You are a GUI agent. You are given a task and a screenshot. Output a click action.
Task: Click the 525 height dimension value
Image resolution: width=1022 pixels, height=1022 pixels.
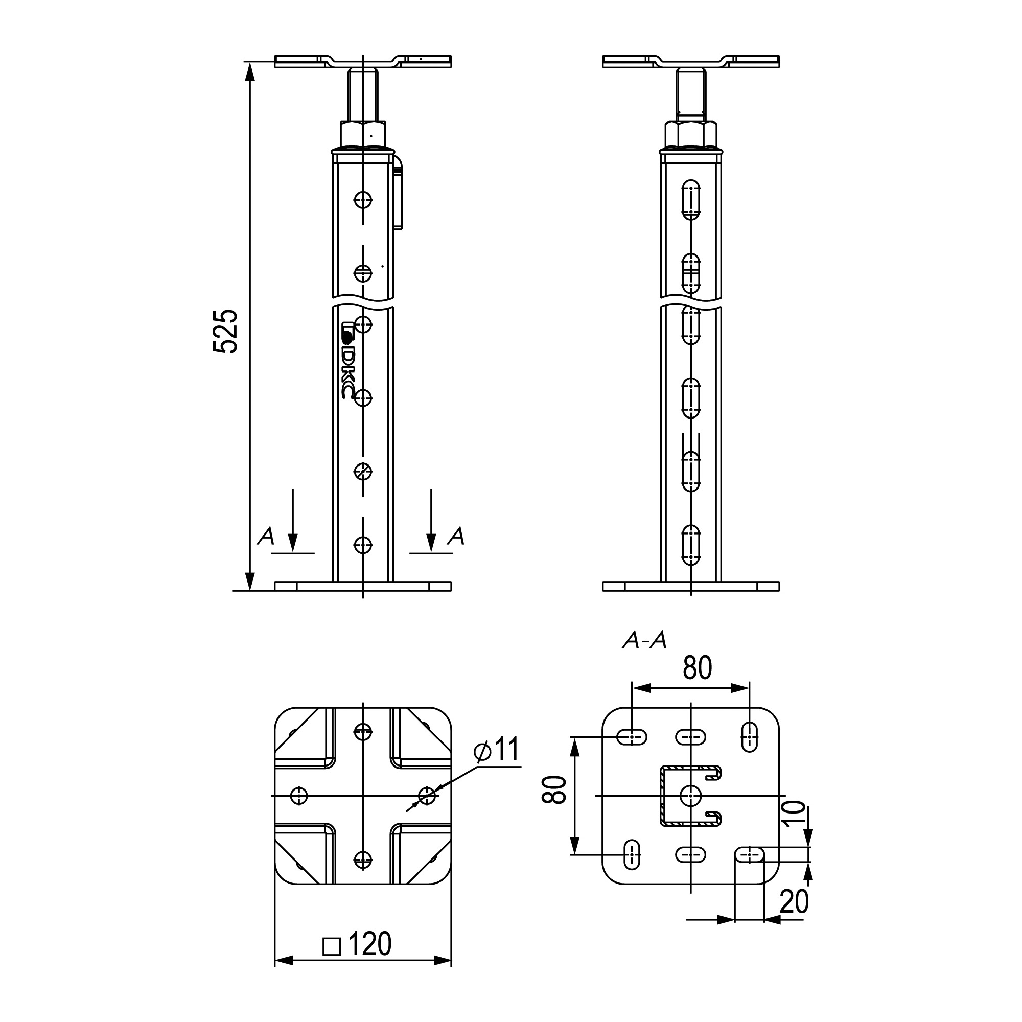pyautogui.click(x=225, y=331)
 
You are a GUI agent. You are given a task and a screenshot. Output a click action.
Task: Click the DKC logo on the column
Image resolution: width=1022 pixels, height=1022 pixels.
pyautogui.click(x=347, y=360)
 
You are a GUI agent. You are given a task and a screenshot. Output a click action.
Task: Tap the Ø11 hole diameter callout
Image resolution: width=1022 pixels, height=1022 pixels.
pyautogui.click(x=497, y=749)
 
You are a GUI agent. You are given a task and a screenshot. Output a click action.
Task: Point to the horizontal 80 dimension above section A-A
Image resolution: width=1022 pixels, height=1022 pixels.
pyautogui.click(x=696, y=667)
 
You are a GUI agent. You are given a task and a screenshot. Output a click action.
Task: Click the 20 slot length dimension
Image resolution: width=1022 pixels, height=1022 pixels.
pyautogui.click(x=794, y=901)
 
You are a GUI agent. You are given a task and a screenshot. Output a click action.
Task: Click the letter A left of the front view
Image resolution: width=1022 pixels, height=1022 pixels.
pyautogui.click(x=266, y=537)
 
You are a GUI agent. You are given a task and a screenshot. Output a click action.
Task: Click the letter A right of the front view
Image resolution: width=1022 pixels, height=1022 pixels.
pyautogui.click(x=456, y=537)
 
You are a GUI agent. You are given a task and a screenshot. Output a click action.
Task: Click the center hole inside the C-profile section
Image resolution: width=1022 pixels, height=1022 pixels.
pyautogui.click(x=691, y=795)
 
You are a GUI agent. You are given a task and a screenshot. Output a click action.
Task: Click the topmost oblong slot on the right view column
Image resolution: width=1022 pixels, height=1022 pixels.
pyautogui.click(x=691, y=200)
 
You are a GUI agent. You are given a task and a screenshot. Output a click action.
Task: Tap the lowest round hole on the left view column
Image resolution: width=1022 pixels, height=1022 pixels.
pyautogui.click(x=363, y=544)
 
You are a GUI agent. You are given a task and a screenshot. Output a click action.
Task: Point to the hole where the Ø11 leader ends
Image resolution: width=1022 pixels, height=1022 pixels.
pyautogui.click(x=427, y=795)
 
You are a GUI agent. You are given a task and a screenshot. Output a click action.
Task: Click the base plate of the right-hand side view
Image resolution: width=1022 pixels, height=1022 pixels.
pyautogui.click(x=691, y=586)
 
